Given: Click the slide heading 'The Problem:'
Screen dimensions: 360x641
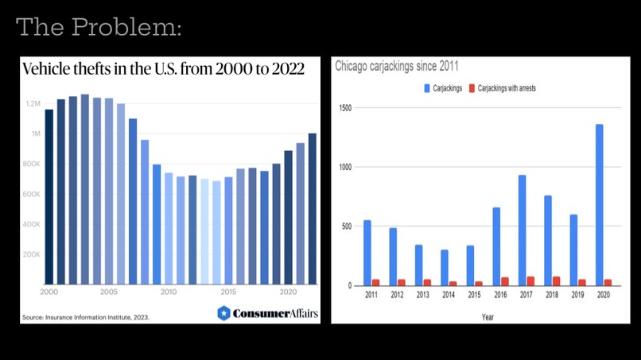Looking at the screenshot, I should click(99, 28).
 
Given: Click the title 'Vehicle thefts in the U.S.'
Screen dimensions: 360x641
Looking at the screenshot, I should click(163, 69).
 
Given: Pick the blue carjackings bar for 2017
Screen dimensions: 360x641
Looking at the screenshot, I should click(522, 230).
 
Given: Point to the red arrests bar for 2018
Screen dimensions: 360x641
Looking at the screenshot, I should click(556, 281).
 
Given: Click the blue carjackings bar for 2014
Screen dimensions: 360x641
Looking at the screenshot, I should click(445, 268).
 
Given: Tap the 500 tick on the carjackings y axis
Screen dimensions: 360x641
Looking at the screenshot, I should click(348, 226).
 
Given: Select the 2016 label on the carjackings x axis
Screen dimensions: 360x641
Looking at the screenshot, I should click(499, 295).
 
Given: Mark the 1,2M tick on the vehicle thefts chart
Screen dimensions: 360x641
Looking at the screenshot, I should click(32, 103).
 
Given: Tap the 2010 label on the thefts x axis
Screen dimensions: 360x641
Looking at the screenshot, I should click(169, 292).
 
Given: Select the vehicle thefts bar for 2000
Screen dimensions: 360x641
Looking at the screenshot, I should click(49, 196).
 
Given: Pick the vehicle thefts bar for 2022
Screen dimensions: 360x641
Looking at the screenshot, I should click(313, 208).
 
